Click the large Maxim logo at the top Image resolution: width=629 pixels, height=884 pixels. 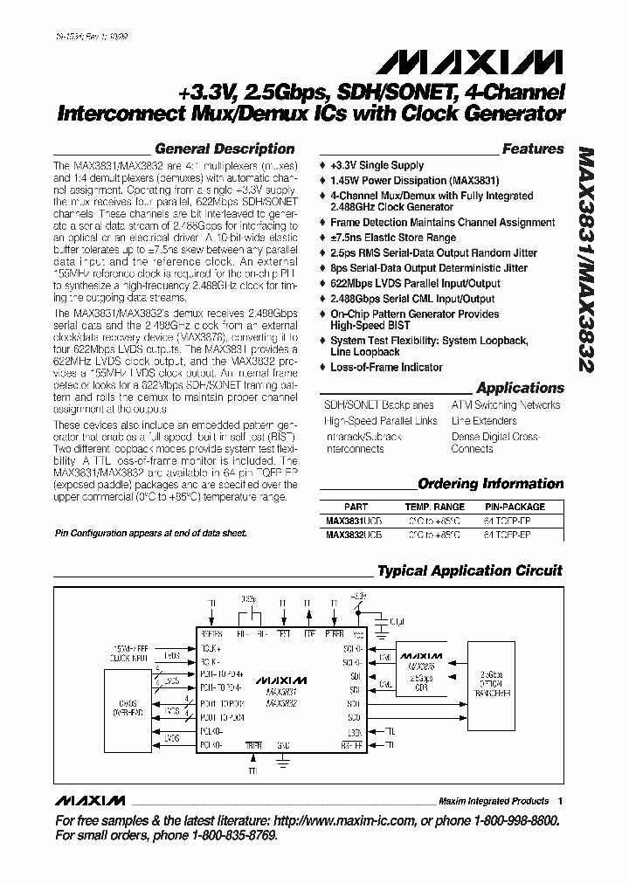coord(469,61)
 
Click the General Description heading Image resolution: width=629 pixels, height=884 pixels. coord(225,149)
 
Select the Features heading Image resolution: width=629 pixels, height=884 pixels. coord(533,149)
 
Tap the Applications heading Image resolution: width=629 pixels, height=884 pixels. coord(520,388)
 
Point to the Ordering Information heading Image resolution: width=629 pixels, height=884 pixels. coord(491,484)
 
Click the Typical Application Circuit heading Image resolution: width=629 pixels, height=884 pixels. coord(470,571)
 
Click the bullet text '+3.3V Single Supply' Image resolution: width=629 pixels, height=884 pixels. coord(377,165)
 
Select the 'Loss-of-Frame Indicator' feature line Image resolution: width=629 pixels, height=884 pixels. coord(386,368)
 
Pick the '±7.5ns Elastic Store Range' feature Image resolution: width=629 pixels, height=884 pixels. coord(392,238)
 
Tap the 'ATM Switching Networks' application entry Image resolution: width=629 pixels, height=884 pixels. coord(506,405)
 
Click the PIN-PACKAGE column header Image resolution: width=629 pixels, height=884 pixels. coord(515,507)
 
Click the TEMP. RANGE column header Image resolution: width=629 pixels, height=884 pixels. coord(434,507)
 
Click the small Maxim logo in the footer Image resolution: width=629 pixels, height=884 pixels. coord(90,801)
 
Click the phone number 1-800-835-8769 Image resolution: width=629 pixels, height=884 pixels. coord(226,836)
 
